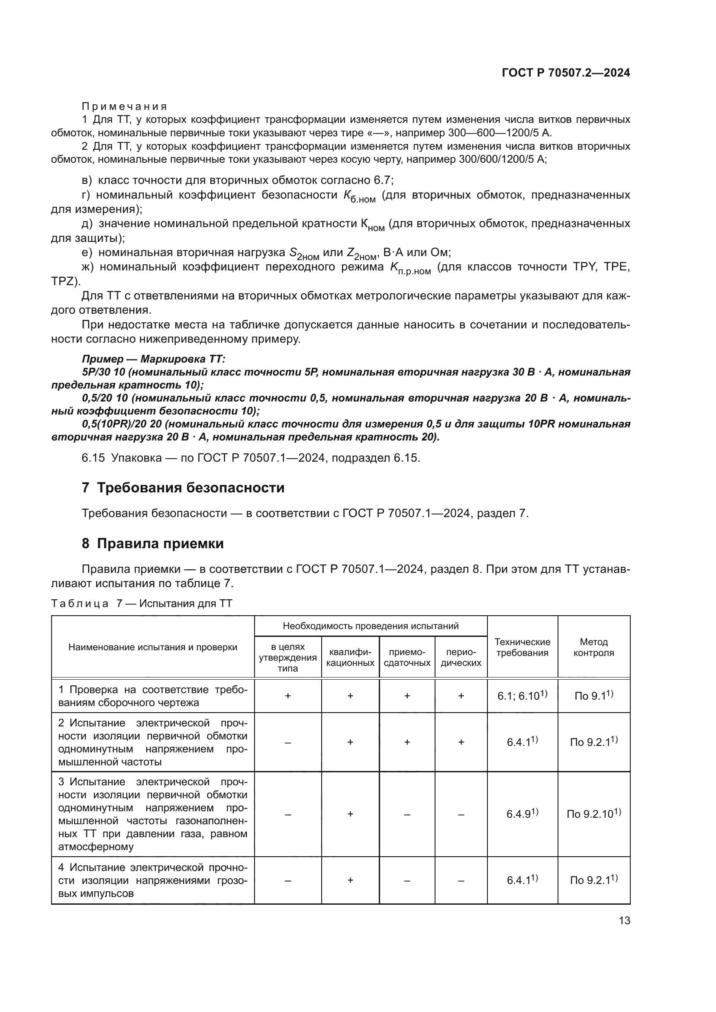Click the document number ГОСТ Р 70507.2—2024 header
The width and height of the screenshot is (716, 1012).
[x=566, y=73]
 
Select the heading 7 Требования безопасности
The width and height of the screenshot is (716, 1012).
[x=183, y=488]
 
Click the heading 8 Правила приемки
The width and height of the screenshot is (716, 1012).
[x=152, y=544]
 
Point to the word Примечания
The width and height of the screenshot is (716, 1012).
[x=124, y=107]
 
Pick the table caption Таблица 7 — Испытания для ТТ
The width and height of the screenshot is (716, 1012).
[x=142, y=604]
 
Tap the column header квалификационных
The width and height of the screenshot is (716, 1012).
[x=350, y=657]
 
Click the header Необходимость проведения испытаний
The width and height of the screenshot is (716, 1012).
[x=371, y=626]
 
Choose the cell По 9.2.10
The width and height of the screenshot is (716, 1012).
[x=593, y=814]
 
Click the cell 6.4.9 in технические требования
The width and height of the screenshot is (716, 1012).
[x=522, y=814]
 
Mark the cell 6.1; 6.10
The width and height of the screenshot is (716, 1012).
[x=522, y=696]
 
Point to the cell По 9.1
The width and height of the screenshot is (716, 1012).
[x=593, y=696]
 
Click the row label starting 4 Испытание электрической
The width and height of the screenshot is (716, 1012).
[x=152, y=880]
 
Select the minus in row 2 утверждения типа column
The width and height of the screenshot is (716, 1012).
[x=287, y=742]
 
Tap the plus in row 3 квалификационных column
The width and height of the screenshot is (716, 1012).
[x=350, y=814]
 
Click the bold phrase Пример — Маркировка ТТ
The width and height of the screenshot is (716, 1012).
[x=153, y=359]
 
